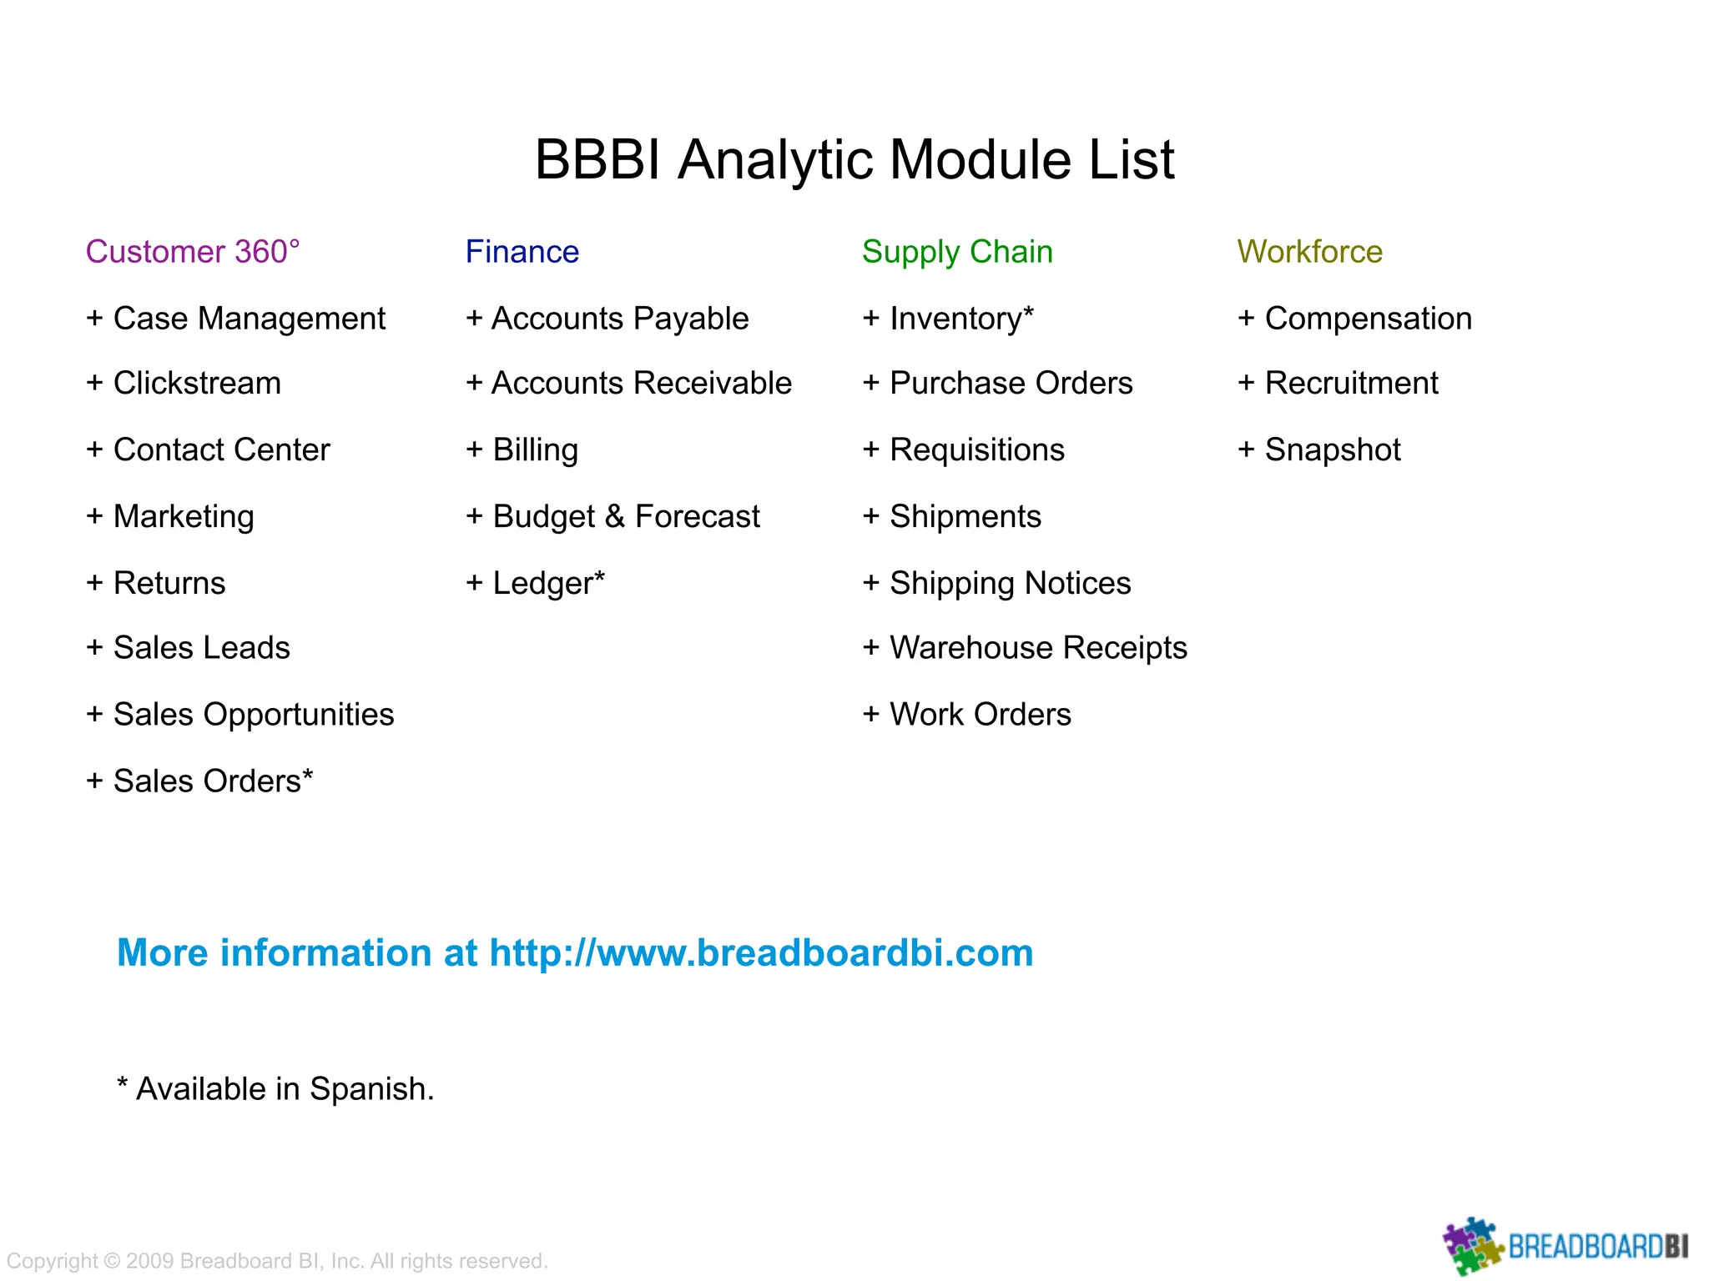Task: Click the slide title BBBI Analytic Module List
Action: [x=854, y=159]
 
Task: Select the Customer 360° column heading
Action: [x=193, y=252]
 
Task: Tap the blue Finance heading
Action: [x=522, y=252]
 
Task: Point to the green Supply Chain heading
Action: [x=957, y=252]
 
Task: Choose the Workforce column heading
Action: [x=1309, y=252]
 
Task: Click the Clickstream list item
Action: [x=184, y=383]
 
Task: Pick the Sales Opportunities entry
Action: [x=240, y=715]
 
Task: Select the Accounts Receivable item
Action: [x=629, y=383]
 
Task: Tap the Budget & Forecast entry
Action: [x=613, y=516]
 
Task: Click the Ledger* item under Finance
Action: [x=536, y=583]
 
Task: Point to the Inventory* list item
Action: [x=949, y=319]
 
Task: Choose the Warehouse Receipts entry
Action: [x=1025, y=648]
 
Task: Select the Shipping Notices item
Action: [x=997, y=583]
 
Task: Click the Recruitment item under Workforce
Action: [x=1338, y=383]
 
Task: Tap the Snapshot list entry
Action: [x=1319, y=450]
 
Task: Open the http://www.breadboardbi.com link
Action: [x=761, y=952]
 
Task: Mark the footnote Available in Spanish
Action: [x=276, y=1089]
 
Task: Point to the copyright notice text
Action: [x=277, y=1261]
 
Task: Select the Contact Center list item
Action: [x=209, y=450]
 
